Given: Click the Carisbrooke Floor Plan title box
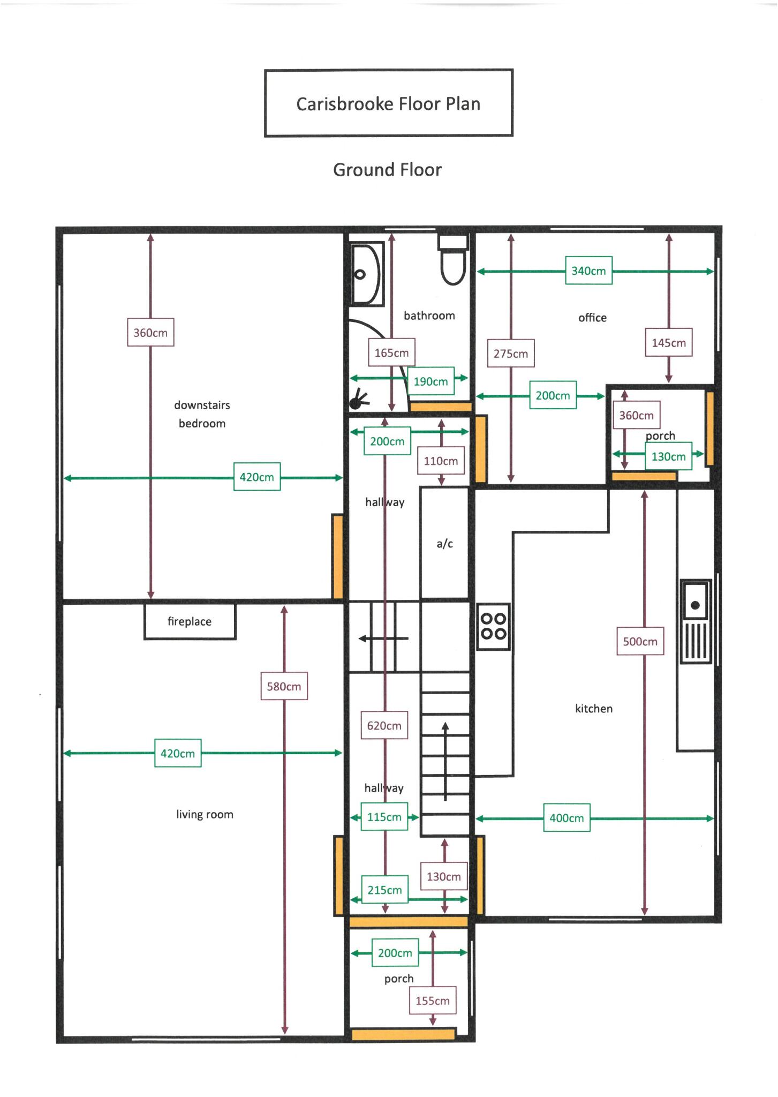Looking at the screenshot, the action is (x=388, y=103).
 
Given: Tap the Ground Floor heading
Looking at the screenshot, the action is (x=387, y=170).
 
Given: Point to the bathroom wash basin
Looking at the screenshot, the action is (x=367, y=274).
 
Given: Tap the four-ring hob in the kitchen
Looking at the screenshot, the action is (x=493, y=626).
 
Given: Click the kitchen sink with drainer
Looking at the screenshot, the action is (x=696, y=621).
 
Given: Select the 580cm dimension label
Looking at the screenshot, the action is (x=284, y=686).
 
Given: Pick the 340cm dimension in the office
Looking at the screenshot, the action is (x=588, y=271).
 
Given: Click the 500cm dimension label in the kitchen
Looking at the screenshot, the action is (x=640, y=641).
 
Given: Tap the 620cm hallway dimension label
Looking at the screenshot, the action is (x=384, y=725).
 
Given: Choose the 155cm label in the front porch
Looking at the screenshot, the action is (x=433, y=1000).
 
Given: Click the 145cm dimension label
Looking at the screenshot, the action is (x=668, y=342).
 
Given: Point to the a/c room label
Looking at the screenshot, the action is (x=444, y=544).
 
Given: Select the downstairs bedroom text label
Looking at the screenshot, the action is (x=202, y=414).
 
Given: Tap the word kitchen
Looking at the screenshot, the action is (x=594, y=708).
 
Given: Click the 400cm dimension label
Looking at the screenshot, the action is (x=566, y=817).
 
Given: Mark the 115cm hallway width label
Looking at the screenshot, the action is (x=384, y=816).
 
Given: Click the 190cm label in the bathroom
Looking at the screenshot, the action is (x=430, y=381).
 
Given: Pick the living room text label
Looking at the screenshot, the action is (x=205, y=814).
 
